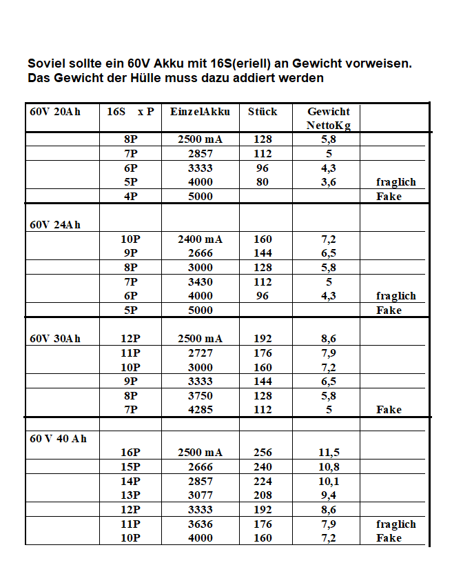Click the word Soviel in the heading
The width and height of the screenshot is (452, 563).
(45, 63)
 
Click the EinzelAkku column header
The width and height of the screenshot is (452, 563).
(200, 112)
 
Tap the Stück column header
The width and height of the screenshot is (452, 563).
(263, 112)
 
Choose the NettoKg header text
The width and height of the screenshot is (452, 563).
(329, 126)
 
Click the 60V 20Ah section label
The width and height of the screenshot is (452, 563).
(55, 112)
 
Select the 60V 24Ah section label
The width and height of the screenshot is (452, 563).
(55, 225)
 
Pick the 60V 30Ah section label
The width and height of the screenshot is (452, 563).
(55, 339)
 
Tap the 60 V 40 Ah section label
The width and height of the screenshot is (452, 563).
(58, 439)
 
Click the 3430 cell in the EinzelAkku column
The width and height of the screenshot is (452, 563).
(200, 281)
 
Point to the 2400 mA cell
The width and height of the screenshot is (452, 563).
(200, 239)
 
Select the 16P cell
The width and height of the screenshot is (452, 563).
(130, 453)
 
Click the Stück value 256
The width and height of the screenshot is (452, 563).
(263, 453)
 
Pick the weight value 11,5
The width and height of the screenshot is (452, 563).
(329, 453)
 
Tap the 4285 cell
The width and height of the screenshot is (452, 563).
(200, 410)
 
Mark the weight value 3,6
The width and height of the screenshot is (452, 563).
(329, 182)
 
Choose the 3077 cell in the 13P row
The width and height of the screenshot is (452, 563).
(200, 495)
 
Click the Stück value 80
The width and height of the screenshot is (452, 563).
(263, 182)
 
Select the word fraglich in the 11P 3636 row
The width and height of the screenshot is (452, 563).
(396, 524)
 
